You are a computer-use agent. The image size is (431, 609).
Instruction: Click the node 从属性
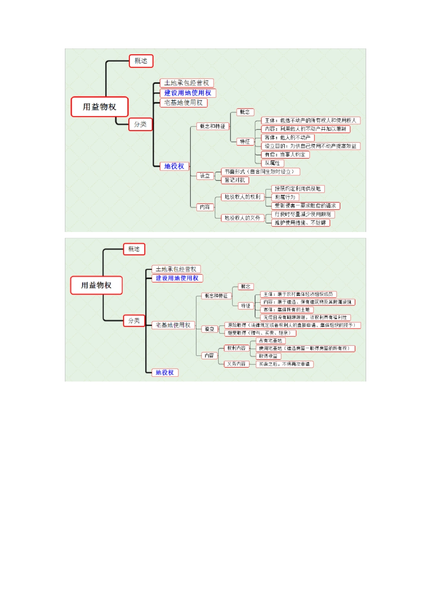(272, 163)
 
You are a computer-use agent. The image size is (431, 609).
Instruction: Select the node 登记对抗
(235, 180)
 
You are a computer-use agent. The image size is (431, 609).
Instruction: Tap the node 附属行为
(285, 197)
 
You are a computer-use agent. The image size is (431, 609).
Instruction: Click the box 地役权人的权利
(243, 197)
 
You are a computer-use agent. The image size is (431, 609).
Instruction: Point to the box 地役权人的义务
(243, 218)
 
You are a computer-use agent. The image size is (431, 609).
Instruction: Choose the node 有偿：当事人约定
(285, 155)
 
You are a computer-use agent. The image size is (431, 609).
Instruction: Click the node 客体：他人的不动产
(288, 138)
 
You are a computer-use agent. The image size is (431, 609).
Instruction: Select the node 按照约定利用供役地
(298, 189)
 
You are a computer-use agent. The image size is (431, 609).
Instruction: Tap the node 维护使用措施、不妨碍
(300, 223)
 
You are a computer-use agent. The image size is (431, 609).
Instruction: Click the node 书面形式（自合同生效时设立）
(260, 172)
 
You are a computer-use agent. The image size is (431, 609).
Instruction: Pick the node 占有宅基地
(270, 341)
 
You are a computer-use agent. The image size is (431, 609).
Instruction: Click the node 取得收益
(268, 356)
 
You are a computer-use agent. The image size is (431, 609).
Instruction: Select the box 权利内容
(236, 348)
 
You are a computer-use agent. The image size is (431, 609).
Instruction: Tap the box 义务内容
(236, 364)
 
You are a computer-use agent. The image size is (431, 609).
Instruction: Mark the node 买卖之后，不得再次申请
(284, 364)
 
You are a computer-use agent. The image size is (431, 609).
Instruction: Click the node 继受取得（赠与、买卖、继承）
(260, 333)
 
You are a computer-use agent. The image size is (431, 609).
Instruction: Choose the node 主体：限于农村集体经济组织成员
(298, 295)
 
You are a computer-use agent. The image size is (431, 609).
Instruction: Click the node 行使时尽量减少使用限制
(303, 214)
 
